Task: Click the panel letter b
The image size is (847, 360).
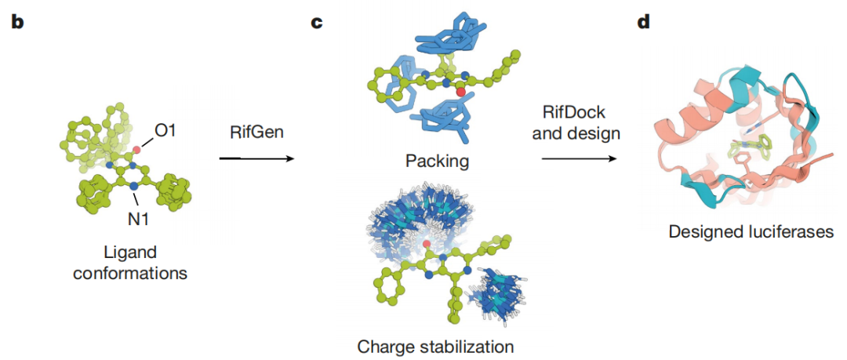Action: (17, 23)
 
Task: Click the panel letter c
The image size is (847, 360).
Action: (317, 23)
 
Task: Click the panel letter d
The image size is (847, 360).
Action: (643, 23)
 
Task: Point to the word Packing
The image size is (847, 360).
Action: (437, 162)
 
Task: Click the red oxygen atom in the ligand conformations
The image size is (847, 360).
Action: (136, 149)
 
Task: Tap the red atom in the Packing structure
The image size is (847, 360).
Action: (460, 93)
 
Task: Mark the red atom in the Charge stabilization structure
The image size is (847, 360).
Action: (426, 245)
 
